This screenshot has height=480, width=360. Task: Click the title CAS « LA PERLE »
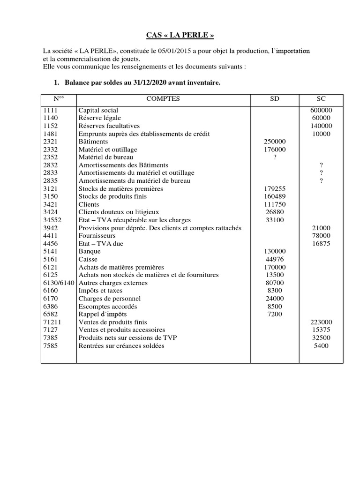click(180, 36)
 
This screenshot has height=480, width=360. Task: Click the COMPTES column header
click(163, 99)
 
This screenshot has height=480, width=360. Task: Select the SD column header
click(275, 99)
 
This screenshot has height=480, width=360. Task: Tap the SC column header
click(321, 99)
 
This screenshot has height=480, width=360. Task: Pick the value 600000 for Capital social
click(321, 110)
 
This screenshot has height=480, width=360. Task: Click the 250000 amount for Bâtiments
click(275, 142)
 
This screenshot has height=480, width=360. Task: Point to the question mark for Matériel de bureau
click(275, 157)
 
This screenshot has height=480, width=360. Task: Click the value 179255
click(275, 189)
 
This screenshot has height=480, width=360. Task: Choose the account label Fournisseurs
click(97, 236)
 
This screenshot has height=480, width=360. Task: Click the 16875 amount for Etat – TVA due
click(321, 244)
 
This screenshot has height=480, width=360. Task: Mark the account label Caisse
click(88, 259)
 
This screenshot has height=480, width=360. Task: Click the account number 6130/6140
click(59, 283)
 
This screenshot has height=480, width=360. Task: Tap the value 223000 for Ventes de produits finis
click(321, 322)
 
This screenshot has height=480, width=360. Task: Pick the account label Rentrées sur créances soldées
click(121, 346)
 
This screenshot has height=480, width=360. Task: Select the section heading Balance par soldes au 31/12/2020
click(142, 83)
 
